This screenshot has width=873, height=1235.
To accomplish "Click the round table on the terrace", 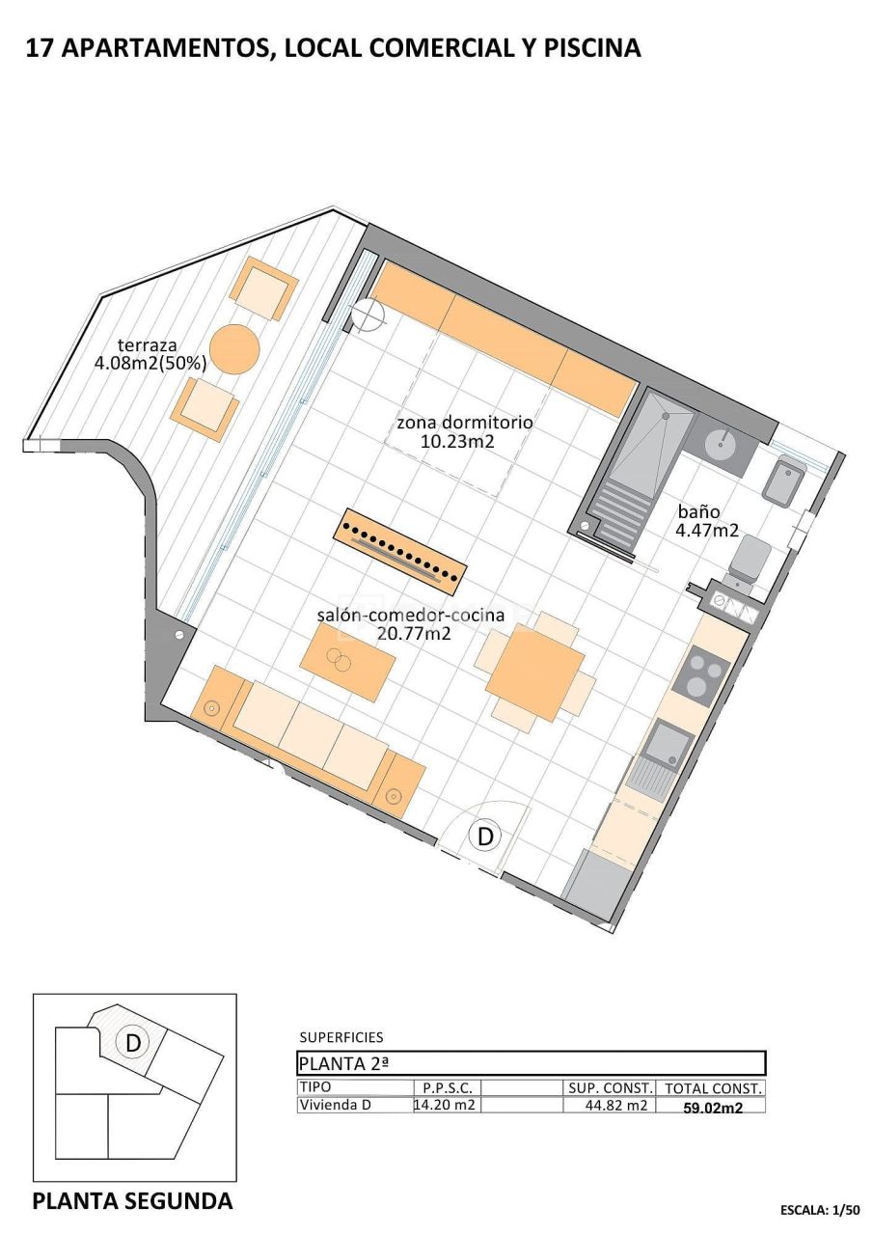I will (x=234, y=348).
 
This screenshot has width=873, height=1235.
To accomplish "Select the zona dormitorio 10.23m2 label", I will (x=465, y=432).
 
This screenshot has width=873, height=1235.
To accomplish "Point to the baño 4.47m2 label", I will (x=707, y=521).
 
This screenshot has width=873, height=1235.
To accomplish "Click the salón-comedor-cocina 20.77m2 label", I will (x=411, y=624).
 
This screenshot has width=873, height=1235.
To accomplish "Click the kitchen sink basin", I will (x=668, y=742).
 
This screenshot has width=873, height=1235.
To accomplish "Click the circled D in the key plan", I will (x=133, y=1042).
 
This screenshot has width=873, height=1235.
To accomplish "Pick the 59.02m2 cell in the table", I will (x=713, y=1108).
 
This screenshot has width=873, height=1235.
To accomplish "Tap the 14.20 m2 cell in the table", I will (x=445, y=1106).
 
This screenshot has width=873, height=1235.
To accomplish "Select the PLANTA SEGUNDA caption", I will (x=132, y=1201).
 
